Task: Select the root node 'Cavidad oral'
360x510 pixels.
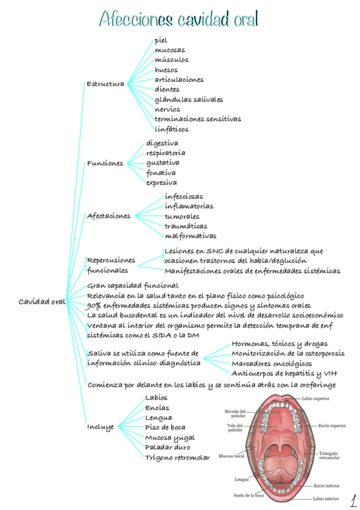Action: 41,301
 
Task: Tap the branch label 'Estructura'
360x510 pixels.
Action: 105,84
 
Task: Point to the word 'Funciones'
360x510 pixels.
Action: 105,163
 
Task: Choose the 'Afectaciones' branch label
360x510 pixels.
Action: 109,216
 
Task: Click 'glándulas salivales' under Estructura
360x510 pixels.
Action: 188,99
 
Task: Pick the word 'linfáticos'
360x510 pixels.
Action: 171,129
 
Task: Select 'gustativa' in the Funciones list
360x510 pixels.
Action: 162,162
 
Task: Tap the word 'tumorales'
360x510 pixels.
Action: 182,217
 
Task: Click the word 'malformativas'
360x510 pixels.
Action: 191,236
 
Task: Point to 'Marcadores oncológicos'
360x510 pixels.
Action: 272,363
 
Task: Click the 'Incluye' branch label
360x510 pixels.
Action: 100,428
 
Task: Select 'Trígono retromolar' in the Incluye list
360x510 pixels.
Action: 177,458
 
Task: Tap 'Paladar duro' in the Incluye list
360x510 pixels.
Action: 168,447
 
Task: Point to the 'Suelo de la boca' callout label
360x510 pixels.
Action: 249,496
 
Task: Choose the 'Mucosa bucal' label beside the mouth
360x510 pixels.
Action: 231,456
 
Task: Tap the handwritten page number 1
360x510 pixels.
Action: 353,499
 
